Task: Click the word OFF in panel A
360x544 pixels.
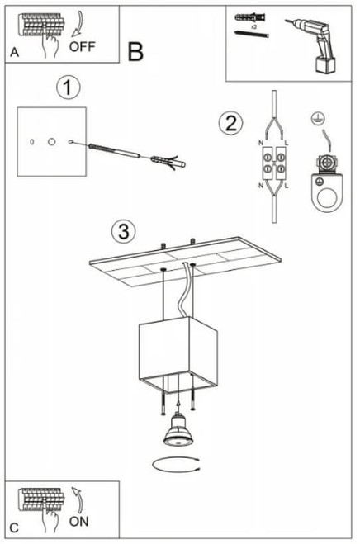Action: (82, 46)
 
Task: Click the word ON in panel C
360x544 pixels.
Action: (78, 522)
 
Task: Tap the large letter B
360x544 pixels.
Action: (135, 52)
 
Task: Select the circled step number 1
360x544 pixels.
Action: (68, 88)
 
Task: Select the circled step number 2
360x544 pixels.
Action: (231, 123)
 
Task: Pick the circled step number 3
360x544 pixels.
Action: (124, 232)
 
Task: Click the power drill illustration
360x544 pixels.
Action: (313, 45)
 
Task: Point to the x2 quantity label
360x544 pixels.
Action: (253, 26)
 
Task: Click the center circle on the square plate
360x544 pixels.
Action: (52, 141)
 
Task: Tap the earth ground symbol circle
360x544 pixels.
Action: (319, 119)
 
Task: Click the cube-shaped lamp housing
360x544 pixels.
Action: (178, 355)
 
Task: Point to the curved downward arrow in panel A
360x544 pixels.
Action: (78, 24)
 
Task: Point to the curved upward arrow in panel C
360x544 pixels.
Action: (78, 500)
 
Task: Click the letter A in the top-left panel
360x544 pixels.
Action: (14, 52)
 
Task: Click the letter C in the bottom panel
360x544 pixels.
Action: (14, 528)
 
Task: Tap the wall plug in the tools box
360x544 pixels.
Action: (250, 17)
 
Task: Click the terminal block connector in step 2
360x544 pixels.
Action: (274, 163)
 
